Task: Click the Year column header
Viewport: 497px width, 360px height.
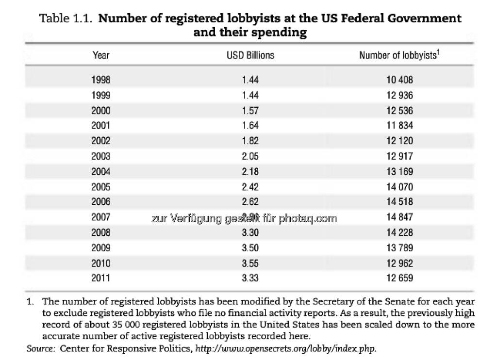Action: tap(100, 55)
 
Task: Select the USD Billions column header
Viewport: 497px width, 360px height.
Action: tap(250, 55)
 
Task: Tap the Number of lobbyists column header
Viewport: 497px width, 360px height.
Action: tap(399, 55)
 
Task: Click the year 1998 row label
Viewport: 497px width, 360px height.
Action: tap(100, 80)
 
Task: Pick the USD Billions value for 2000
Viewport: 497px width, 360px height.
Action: tap(250, 111)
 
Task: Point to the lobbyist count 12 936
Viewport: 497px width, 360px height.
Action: tap(399, 95)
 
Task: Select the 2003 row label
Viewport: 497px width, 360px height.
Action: tap(100, 156)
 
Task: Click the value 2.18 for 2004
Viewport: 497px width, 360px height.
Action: tap(250, 172)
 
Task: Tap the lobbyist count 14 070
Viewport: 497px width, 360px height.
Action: tap(399, 187)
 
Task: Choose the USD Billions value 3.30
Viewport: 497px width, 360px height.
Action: tap(250, 232)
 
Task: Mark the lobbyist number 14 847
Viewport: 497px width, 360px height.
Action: tap(399, 217)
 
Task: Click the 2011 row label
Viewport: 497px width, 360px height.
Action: tap(100, 278)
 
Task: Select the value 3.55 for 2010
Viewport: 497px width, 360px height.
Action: tap(250, 263)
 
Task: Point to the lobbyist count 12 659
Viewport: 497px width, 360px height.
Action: tap(399, 278)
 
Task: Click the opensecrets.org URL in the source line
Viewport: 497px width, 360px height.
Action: tap(285, 348)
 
